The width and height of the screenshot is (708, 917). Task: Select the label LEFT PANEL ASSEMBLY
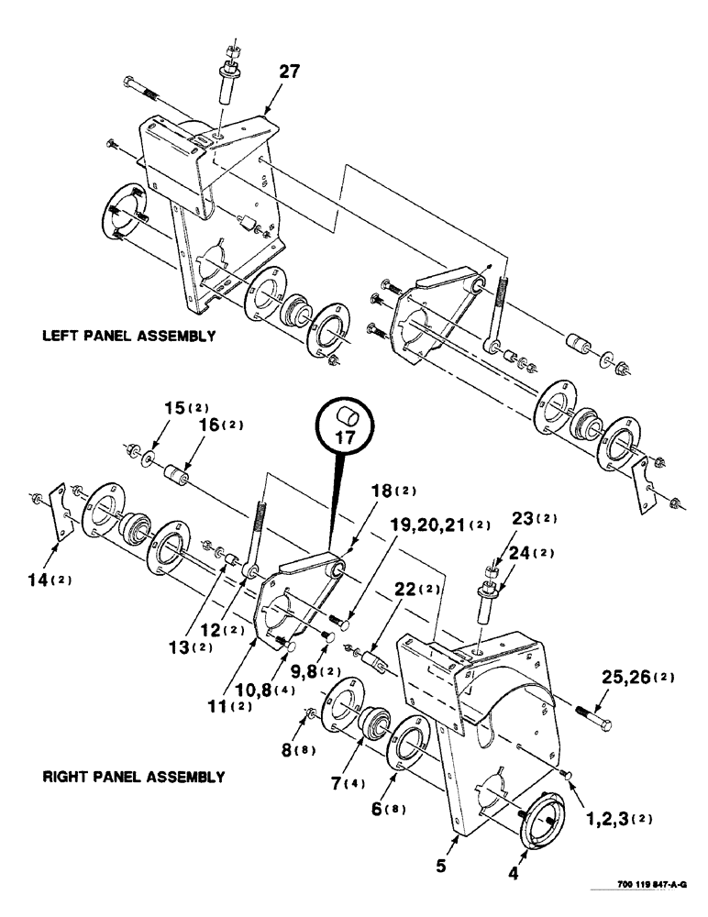pyautogui.click(x=128, y=336)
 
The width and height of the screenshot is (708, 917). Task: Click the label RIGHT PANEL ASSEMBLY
pyautogui.click(x=133, y=777)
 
